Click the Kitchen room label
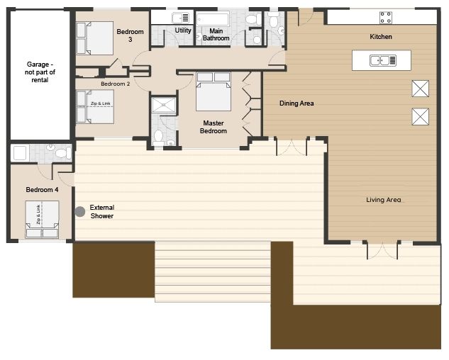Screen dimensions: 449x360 (381, 37)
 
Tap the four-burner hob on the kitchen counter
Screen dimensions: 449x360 (386, 18)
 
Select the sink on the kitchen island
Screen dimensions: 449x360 (383, 60)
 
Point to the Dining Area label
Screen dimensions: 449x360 (296, 103)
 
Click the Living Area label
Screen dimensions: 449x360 (384, 200)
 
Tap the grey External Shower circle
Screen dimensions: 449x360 (80, 211)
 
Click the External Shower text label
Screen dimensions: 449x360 (102, 211)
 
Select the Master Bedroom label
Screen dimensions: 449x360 (214, 127)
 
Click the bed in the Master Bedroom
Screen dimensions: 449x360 (214, 91)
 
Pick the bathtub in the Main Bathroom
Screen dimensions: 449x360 (213, 19)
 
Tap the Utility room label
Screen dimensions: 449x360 (183, 30)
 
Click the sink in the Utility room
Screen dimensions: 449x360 (180, 18)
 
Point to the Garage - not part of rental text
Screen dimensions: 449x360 (40, 72)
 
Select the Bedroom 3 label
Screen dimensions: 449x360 (130, 35)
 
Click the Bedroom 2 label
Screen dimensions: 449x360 (115, 84)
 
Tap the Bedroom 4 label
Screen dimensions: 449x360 (42, 190)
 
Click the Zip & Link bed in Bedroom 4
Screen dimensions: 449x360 (42, 220)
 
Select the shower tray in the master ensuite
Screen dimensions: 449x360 (164, 105)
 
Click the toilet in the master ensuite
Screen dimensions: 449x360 (158, 137)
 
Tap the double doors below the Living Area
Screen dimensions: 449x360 (382, 250)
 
